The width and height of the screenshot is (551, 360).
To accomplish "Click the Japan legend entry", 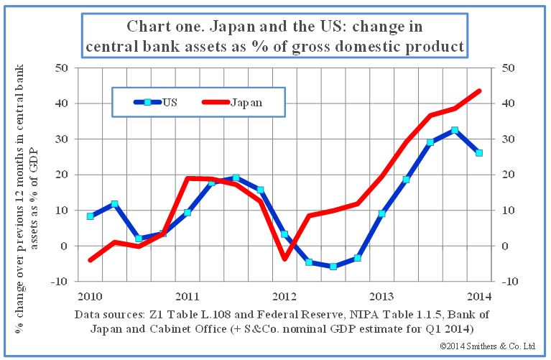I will (x=234, y=102).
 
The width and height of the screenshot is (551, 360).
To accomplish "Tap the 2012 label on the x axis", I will (x=284, y=295).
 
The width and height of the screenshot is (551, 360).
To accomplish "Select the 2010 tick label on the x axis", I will (x=91, y=295).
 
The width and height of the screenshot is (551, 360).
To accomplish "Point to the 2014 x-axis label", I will (x=479, y=295).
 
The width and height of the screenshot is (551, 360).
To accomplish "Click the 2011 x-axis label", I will (x=187, y=295).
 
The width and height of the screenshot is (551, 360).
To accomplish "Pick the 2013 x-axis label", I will (x=381, y=295).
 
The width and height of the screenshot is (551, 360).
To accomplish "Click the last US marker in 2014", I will (x=479, y=153).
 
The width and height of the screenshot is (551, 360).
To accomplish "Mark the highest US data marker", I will (x=455, y=130).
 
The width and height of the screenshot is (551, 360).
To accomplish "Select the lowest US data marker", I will (x=333, y=267).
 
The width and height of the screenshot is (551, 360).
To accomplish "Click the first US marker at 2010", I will (x=91, y=216).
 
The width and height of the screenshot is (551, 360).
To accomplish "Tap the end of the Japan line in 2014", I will (x=479, y=91).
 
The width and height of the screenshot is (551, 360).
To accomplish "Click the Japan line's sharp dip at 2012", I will (x=284, y=259).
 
